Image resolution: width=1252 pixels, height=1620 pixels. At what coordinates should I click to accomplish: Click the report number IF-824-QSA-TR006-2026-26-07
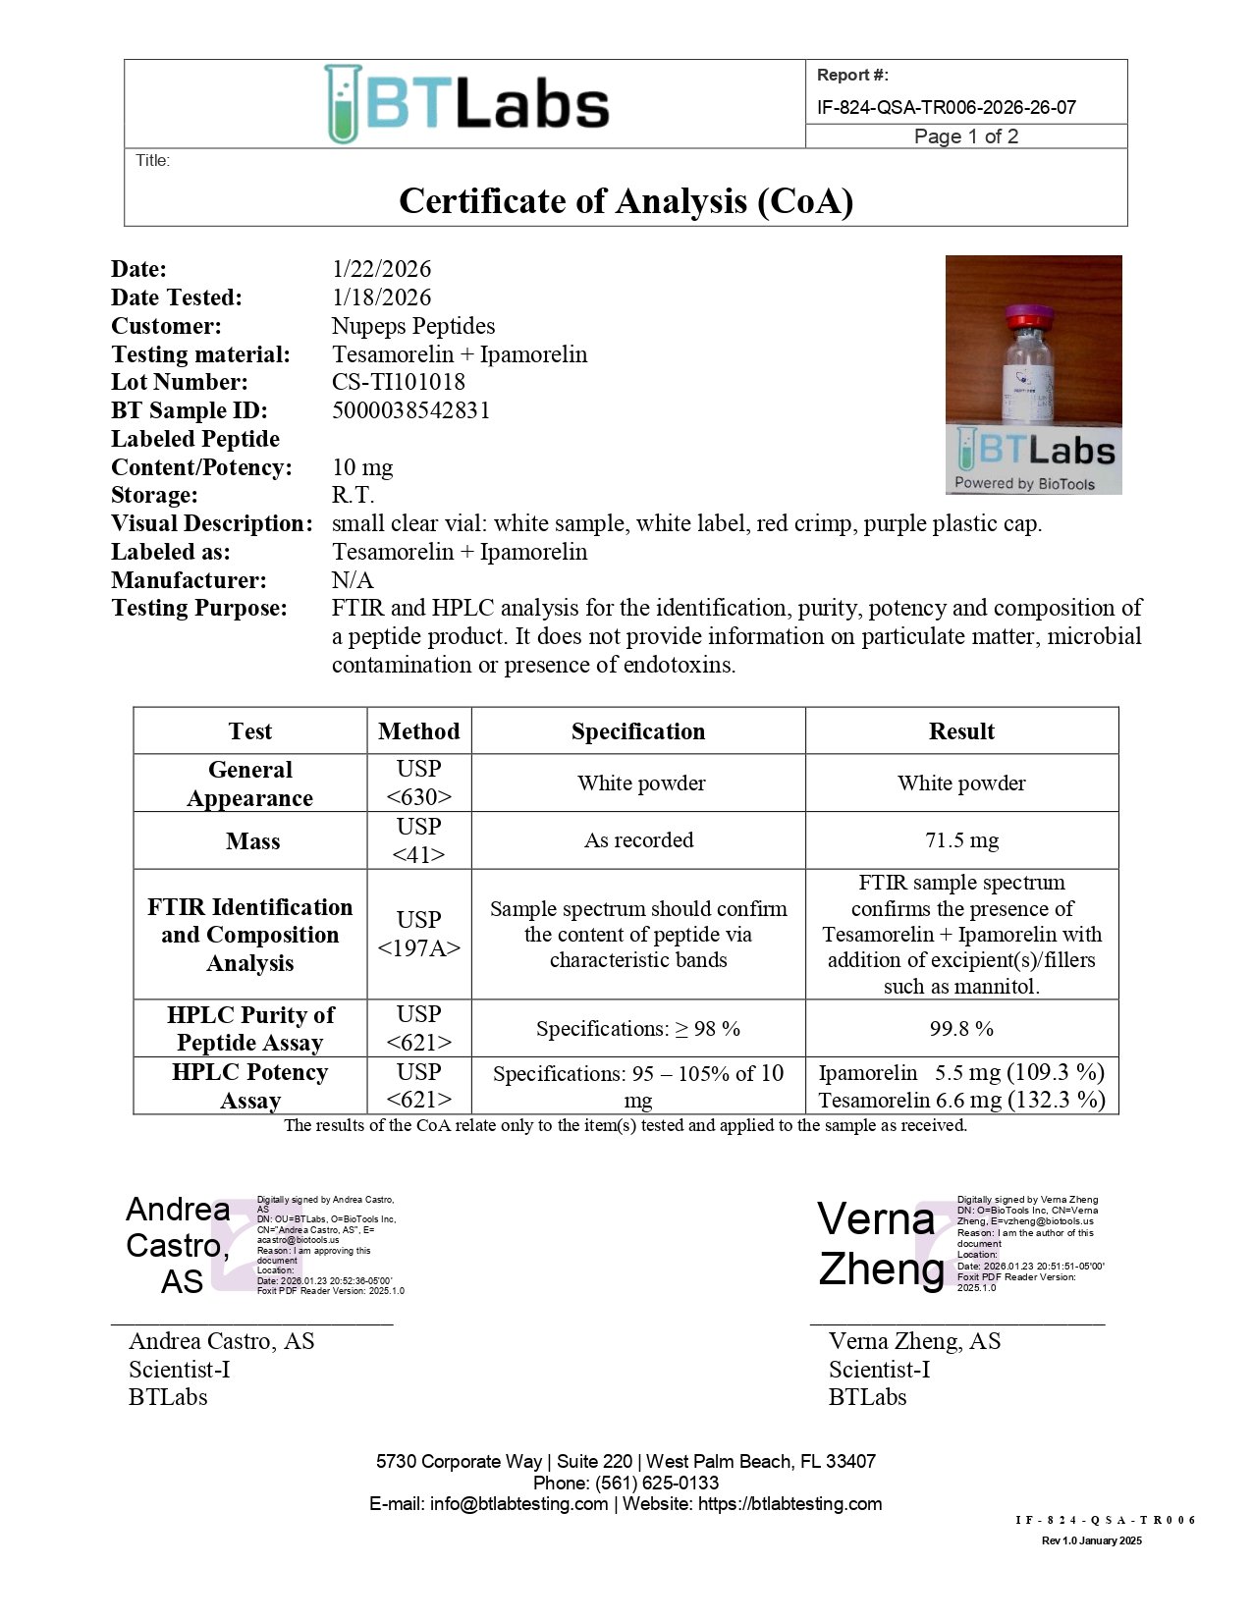click(946, 107)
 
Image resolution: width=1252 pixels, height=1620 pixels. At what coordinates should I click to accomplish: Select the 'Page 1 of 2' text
click(965, 136)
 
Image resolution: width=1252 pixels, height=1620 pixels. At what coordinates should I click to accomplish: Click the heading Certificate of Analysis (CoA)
click(626, 201)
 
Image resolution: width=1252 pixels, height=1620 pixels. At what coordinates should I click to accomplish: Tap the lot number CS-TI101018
click(398, 382)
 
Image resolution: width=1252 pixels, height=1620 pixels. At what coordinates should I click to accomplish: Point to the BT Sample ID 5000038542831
click(410, 410)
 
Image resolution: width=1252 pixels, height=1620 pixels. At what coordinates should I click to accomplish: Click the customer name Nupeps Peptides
click(412, 326)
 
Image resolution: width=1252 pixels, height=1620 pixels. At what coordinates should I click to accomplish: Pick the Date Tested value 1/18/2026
click(381, 297)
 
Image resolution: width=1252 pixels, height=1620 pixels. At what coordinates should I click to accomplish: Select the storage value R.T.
click(353, 495)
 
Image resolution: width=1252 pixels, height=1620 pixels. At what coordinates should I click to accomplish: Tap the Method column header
click(418, 731)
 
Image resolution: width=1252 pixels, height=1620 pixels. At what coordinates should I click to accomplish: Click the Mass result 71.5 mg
click(961, 840)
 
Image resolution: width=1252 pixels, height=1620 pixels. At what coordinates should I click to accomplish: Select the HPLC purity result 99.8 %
click(961, 1029)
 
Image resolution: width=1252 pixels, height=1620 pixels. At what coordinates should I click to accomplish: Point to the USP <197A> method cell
click(418, 934)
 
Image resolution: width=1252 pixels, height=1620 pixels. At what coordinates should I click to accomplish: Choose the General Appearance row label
click(250, 783)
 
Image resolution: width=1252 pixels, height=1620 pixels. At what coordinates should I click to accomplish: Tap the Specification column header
click(638, 731)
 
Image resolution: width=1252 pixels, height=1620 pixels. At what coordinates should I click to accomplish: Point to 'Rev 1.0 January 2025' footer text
click(1091, 1540)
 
